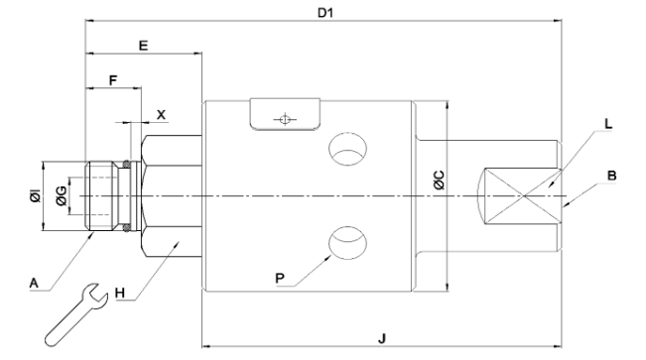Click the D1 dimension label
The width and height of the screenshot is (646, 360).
[325, 13]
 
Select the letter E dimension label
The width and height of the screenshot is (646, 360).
[143, 46]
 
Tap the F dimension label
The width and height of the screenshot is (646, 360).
[113, 80]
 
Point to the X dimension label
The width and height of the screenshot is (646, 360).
[161, 115]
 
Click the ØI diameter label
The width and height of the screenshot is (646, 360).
[36, 196]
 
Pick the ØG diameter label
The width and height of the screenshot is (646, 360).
[61, 195]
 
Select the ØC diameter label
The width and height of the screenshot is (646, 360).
[440, 180]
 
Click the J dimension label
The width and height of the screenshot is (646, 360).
[382, 339]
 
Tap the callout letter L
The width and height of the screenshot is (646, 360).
[608, 124]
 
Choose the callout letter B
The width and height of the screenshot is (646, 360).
[612, 176]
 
